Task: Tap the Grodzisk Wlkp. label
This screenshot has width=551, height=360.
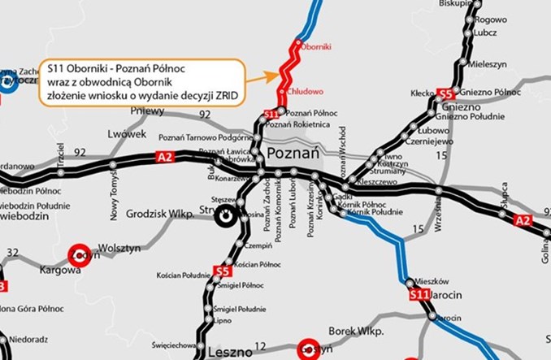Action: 159,215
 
